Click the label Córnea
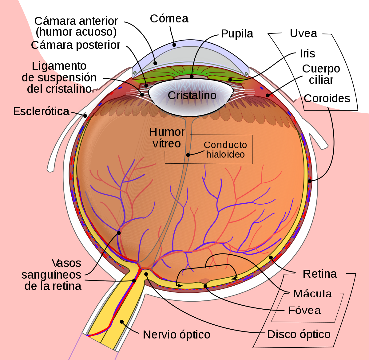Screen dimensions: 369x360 [169, 18]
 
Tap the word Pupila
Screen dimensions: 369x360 [237, 34]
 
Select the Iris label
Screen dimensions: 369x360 [307, 53]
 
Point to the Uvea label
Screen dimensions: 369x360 [304, 33]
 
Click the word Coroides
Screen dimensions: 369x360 [327, 99]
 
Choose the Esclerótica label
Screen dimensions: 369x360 [41, 111]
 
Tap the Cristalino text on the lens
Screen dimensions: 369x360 [192, 95]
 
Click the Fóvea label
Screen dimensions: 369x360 [304, 310]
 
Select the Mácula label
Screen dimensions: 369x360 [312, 294]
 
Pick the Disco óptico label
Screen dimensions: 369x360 [299, 335]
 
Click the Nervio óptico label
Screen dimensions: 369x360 [177, 335]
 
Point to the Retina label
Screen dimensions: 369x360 [320, 274]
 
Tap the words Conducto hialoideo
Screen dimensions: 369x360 [225, 150]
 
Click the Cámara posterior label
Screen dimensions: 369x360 [75, 45]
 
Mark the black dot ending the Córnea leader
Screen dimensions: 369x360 [174, 45]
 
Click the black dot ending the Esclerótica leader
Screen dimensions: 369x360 [85, 115]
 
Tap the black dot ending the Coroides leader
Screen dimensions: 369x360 [309, 181]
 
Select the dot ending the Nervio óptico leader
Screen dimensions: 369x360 [122, 322]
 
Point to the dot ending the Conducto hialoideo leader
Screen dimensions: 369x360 [188, 155]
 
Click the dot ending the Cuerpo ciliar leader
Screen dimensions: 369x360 [268, 95]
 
